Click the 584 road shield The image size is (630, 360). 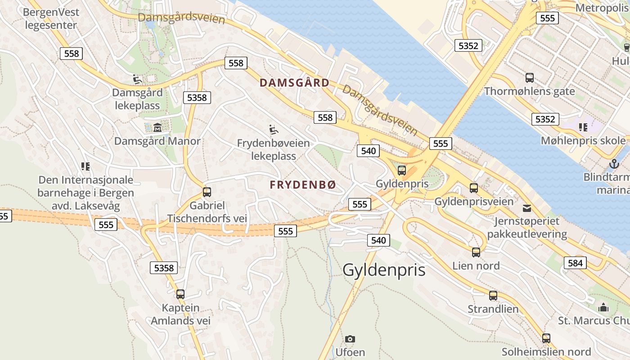575,263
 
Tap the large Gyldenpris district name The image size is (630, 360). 384,270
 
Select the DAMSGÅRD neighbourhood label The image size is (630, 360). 295,83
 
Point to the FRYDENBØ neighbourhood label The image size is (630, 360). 303,185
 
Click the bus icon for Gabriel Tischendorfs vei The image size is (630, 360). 207,192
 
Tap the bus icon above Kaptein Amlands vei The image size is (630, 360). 180,294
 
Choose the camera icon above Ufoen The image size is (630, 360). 350,339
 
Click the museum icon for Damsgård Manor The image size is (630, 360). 157,127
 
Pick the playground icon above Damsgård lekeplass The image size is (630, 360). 137,80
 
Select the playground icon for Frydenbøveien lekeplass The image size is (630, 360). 273,130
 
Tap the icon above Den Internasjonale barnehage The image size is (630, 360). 85,166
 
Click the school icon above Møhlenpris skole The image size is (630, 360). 583,127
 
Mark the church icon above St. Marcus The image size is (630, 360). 603,307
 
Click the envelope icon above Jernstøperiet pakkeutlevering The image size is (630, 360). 526,208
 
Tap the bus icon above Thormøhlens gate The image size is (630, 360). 530,77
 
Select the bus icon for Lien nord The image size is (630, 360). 476,252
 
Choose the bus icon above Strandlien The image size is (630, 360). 493,296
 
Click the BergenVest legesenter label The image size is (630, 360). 51,18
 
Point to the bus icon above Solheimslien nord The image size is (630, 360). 546,338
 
